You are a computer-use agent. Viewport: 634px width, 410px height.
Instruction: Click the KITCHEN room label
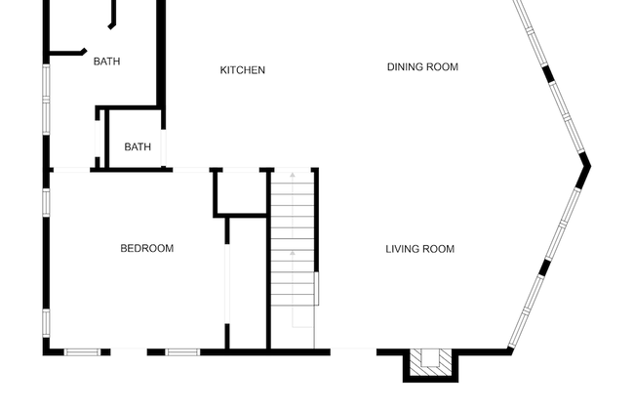243,70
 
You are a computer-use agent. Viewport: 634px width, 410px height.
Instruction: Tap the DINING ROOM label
422,66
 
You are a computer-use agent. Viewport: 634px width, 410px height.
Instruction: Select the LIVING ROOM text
420,249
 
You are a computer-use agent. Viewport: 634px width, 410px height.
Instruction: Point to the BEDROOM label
147,248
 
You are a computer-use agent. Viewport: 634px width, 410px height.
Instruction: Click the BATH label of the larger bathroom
106,61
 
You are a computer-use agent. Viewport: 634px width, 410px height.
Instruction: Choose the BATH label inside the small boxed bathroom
138,146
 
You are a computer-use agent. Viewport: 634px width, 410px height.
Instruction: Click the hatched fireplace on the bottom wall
430,362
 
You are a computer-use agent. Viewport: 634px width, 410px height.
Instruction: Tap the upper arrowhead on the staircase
293,175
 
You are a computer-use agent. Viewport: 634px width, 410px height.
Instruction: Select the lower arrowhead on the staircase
293,253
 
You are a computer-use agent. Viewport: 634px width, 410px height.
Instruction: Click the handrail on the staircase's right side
317,288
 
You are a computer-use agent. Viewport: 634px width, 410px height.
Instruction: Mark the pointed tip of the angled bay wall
590,166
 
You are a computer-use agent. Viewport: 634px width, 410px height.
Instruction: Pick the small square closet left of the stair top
240,191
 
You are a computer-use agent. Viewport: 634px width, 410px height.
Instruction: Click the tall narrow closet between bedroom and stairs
248,283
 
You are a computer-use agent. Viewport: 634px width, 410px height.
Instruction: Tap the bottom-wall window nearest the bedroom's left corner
83,352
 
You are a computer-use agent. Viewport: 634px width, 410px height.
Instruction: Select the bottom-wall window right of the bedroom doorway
182,352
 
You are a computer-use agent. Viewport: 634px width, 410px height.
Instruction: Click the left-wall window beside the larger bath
46,100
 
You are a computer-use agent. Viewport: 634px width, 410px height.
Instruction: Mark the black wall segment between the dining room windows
547,74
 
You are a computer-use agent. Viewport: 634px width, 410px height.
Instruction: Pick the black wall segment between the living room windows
545,267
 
